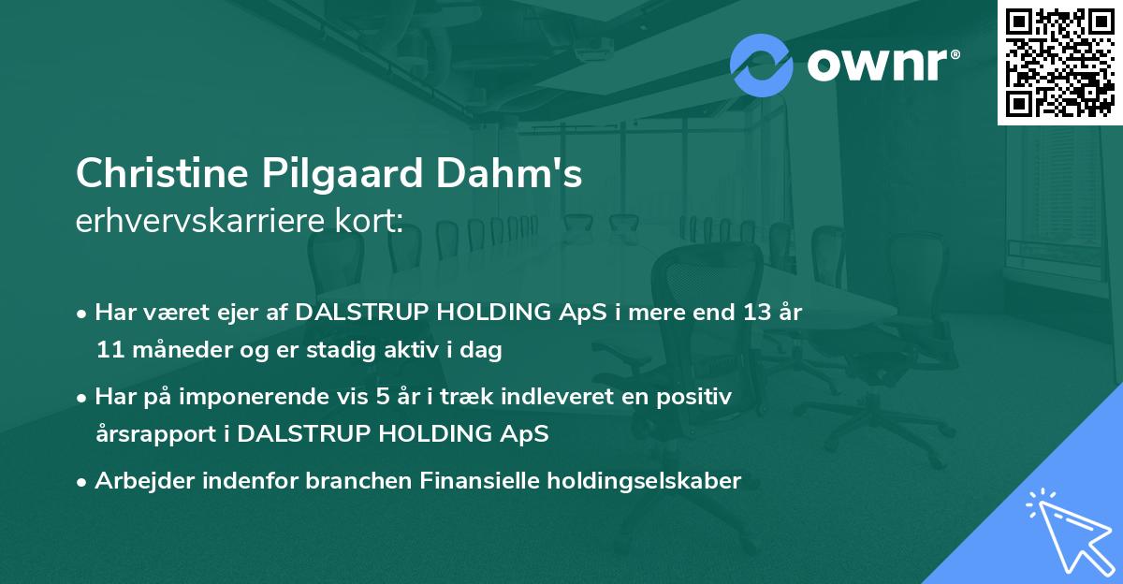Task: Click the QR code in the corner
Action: coord(1060,63)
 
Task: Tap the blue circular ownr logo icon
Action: coord(761,65)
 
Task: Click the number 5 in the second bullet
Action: coord(382,397)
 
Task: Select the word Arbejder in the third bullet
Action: coord(139,481)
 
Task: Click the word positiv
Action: coord(695,397)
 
